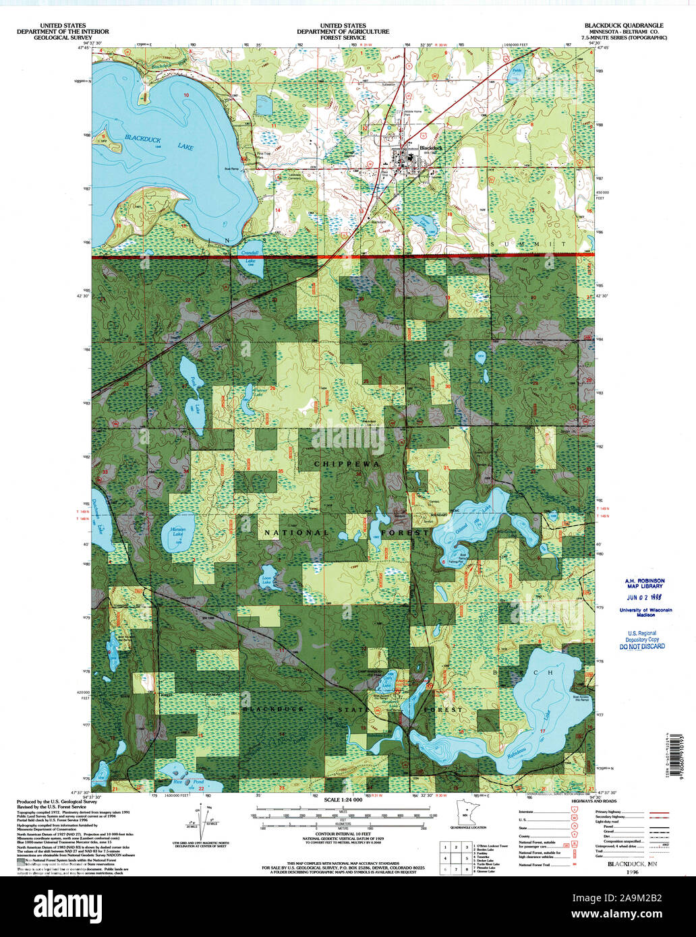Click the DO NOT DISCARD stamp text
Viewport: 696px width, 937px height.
pyautogui.click(x=641, y=646)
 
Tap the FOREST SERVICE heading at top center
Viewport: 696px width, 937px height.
pyautogui.click(x=345, y=38)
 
